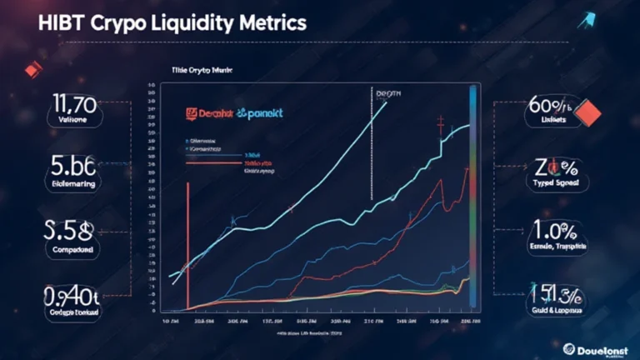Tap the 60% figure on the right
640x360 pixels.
tap(553, 107)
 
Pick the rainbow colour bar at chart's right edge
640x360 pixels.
tap(474, 200)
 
